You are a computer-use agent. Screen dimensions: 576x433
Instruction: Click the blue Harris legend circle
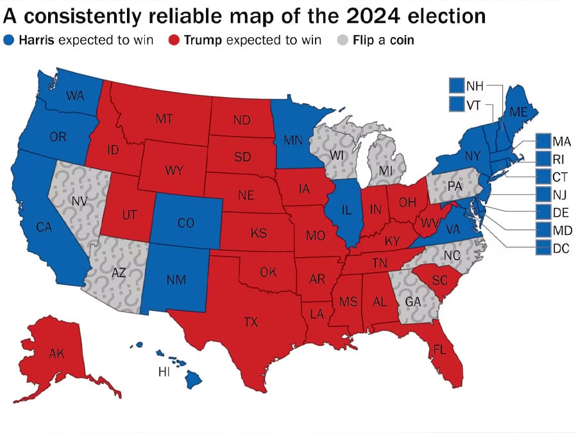point(9,40)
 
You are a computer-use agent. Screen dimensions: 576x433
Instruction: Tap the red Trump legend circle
point(174,40)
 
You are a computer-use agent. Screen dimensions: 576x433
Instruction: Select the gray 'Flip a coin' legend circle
point(343,40)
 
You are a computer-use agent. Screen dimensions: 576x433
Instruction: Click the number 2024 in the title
point(373,16)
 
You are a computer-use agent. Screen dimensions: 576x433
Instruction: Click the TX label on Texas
point(251,322)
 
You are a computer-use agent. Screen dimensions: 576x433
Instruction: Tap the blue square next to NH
point(457,85)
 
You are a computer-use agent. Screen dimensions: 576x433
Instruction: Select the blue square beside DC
point(543,248)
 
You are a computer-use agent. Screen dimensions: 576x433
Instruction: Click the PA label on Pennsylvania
point(455,186)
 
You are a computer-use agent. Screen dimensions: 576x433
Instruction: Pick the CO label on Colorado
point(185,223)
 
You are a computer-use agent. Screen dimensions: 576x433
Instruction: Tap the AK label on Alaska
point(56,353)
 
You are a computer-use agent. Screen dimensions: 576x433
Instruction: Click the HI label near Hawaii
point(164,372)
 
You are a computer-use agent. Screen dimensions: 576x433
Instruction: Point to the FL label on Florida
point(440,350)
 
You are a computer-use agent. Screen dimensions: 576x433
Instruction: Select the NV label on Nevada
point(80,201)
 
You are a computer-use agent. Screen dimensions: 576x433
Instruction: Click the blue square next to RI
point(543,158)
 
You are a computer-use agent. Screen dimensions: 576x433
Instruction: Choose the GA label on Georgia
point(413,302)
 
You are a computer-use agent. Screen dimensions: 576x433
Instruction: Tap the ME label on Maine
point(518,112)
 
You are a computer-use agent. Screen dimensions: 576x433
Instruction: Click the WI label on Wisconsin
point(336,155)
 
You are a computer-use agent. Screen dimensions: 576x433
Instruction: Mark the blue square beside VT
point(457,103)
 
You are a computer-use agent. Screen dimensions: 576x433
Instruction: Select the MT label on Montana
point(164,118)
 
